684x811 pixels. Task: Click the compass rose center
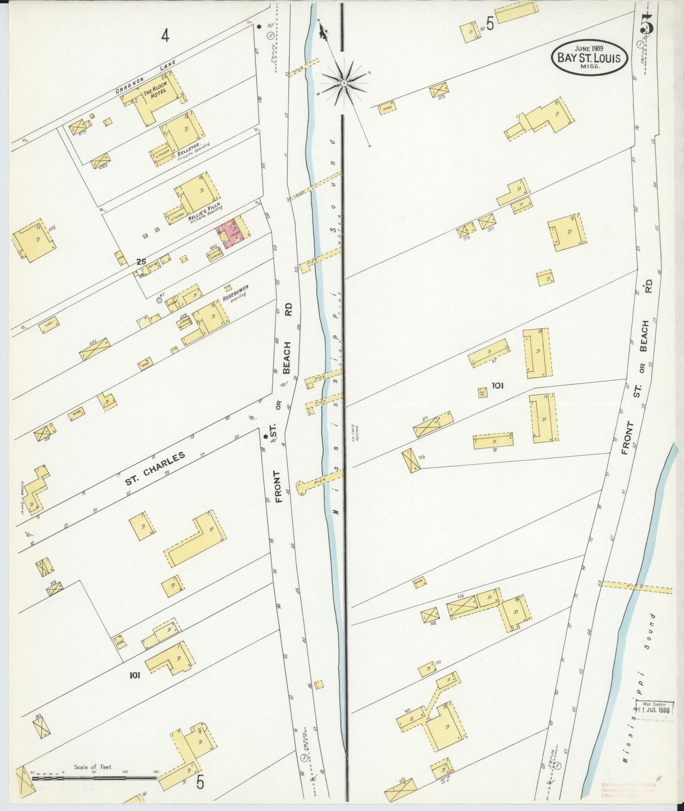click(x=344, y=83)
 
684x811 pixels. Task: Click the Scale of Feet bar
click(x=95, y=777)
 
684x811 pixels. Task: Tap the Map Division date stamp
click(x=654, y=709)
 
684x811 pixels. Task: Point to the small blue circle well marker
click(x=160, y=300)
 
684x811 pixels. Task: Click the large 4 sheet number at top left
click(x=164, y=35)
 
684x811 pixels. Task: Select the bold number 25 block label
click(x=140, y=261)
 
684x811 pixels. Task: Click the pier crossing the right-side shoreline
click(x=637, y=587)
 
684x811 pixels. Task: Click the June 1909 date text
click(x=589, y=48)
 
